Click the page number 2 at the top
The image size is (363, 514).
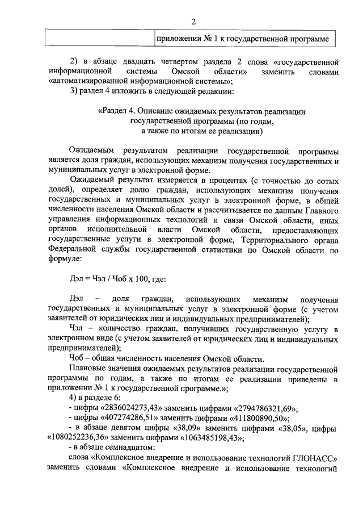[193, 22]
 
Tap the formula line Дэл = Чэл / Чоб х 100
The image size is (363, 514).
[117, 279]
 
